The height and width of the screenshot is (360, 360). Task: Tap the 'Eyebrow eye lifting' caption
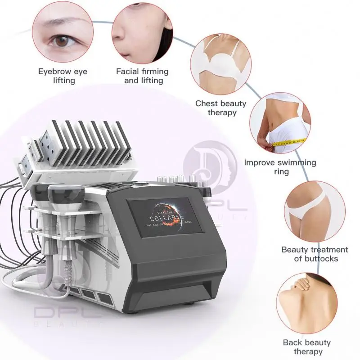click(63, 76)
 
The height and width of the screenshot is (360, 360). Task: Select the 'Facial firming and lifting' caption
click(143, 76)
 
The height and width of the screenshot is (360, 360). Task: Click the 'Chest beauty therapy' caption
click(220, 108)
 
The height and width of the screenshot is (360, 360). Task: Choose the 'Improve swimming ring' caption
click(280, 167)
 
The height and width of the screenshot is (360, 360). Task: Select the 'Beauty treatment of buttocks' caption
click(315, 254)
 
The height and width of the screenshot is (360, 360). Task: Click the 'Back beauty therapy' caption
click(306, 347)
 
